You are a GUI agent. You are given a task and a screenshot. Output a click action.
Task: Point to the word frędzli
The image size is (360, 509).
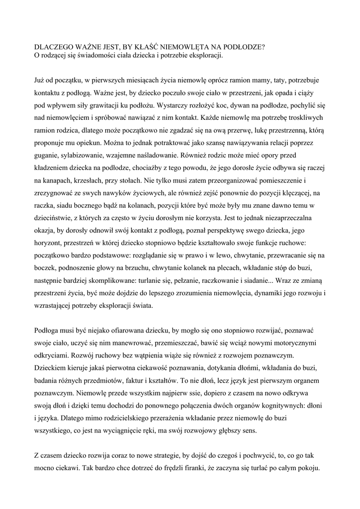[x=189, y=468]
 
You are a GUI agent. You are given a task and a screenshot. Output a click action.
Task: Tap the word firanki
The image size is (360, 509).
[x=216, y=468]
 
